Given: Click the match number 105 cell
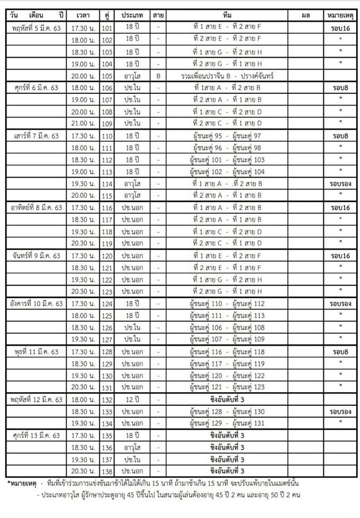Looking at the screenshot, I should click(106, 76).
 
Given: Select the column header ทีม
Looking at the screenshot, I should click(227, 15).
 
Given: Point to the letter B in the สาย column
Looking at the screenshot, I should click(158, 76).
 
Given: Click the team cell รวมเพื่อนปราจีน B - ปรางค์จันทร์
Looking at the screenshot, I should click(227, 76).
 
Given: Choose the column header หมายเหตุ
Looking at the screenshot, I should click(340, 15).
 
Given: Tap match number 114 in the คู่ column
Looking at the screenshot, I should click(106, 183).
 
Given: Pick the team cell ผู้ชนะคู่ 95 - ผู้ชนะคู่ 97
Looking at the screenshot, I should click(227, 135).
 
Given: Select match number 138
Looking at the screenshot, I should click(106, 471).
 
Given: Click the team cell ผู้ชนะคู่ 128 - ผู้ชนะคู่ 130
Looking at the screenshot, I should click(227, 412).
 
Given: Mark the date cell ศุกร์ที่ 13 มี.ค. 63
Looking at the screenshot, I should click(36, 436).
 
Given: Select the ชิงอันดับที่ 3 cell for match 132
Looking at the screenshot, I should click(227, 400).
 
